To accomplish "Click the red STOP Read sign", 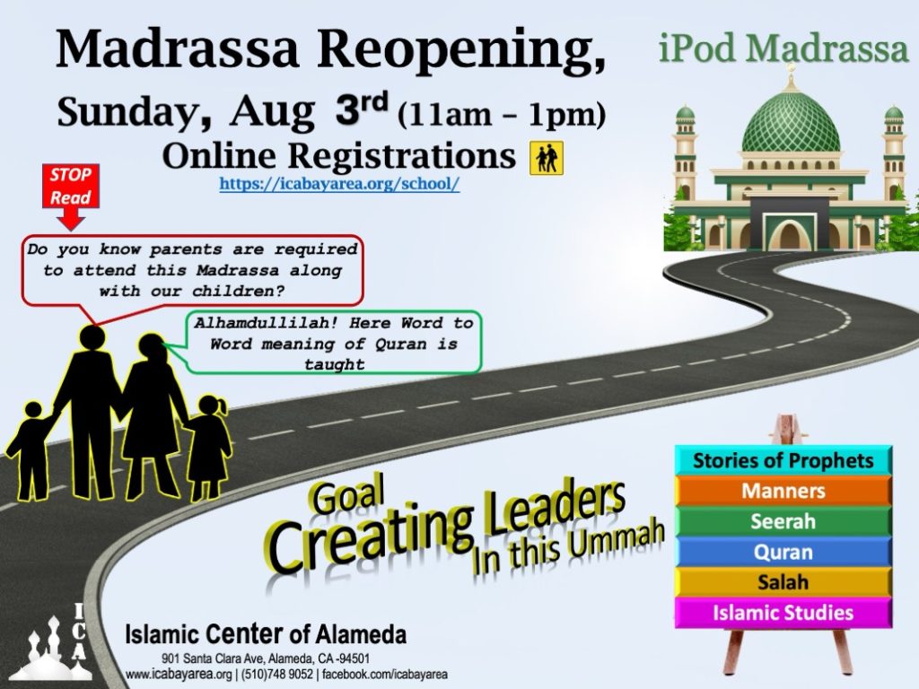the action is point(70,187).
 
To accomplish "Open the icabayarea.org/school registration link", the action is point(339,183).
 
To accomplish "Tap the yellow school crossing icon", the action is point(547,158).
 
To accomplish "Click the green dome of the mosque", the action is point(791,121).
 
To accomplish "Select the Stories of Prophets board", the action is point(783,460).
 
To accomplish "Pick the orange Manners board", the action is point(783,491).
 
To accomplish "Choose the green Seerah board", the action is point(783,521).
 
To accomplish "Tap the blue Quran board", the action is point(783,552).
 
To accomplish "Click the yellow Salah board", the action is point(783,582).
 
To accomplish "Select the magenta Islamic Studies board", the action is point(783,613).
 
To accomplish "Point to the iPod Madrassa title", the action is point(783,48).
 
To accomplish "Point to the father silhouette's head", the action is point(92,338).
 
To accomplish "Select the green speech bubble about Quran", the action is point(333,343).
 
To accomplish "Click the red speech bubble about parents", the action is point(193,271).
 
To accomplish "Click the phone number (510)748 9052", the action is point(276,675).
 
